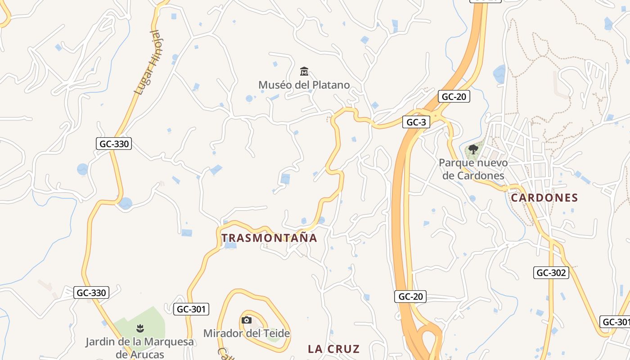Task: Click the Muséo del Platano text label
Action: tap(304, 85)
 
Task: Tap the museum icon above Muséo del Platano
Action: tap(304, 72)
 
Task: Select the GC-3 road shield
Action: tap(416, 122)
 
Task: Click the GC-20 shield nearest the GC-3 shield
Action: tap(454, 96)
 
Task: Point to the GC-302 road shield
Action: tap(551, 272)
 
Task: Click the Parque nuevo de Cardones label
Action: tap(473, 169)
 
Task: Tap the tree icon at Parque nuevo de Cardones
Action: tap(472, 149)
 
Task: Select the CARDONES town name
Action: tap(544, 198)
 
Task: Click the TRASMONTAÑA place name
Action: tap(269, 238)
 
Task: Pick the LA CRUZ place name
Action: tap(333, 349)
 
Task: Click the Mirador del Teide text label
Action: tap(246, 333)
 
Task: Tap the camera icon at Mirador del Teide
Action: tap(246, 320)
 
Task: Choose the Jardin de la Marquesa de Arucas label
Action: tap(139, 348)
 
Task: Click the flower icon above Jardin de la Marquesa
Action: tap(140, 328)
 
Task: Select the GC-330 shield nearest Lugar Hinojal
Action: tap(113, 144)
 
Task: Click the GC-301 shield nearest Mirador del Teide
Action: tap(191, 309)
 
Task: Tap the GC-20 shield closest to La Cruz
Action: tap(410, 296)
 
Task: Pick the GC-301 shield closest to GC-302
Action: tap(615, 322)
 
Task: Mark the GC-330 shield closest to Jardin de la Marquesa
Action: tap(91, 292)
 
